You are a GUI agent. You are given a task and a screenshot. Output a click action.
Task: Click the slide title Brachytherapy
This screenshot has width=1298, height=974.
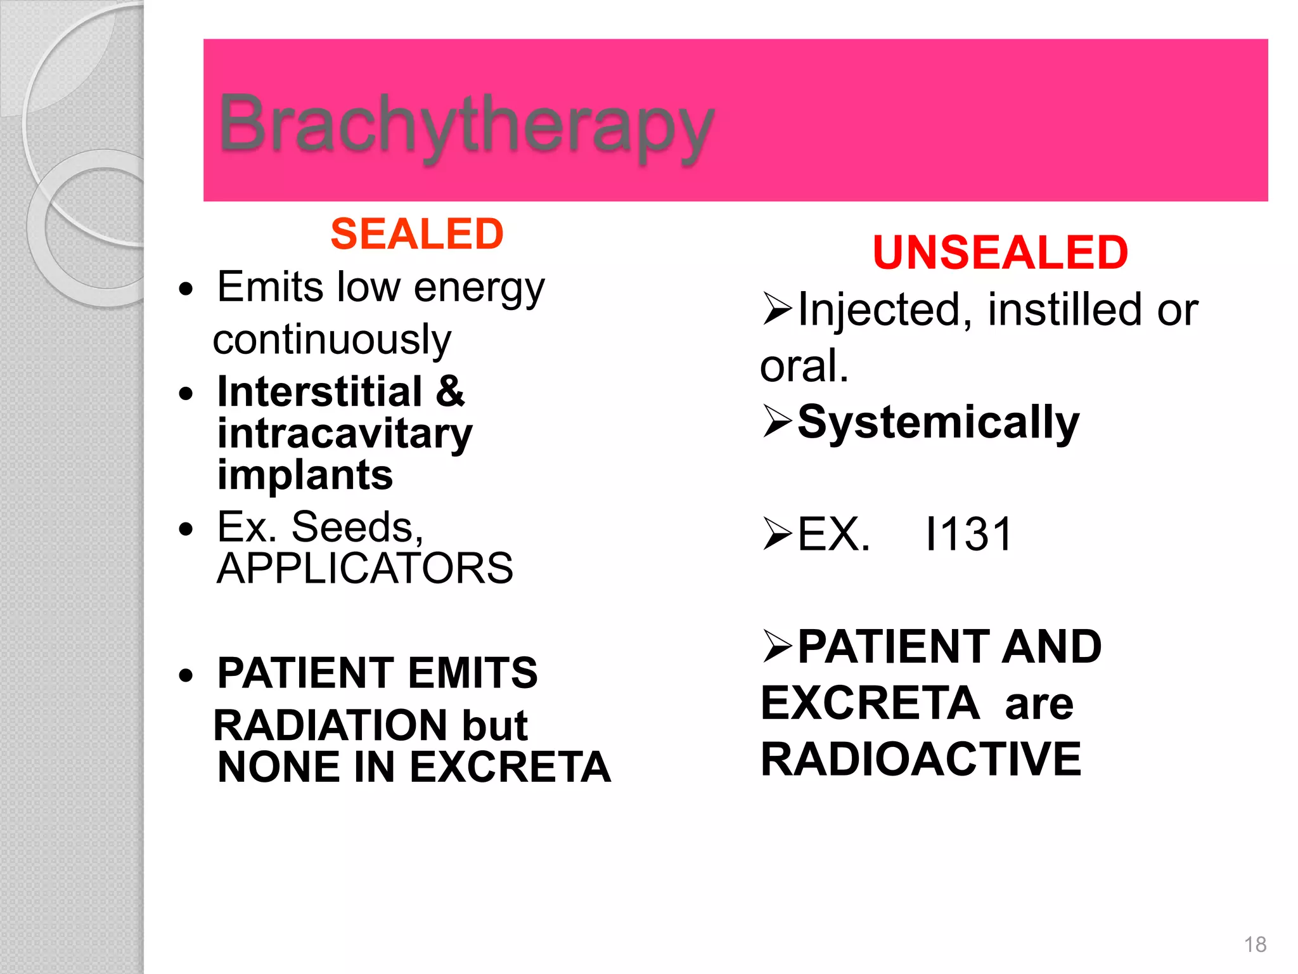tap(466, 125)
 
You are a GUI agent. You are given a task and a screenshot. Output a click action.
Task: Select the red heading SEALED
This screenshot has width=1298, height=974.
tap(416, 233)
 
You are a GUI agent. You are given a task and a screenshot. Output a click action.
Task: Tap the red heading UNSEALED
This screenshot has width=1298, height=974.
tap(999, 252)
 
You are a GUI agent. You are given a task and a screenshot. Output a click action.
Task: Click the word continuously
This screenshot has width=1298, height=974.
tap(331, 339)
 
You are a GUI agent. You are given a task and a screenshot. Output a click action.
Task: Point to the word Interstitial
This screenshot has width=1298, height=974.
tap(319, 391)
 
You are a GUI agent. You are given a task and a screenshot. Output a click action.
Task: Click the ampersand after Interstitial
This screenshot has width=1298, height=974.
tap(450, 391)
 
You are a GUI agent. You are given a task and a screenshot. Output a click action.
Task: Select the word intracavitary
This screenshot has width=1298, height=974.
tap(345, 434)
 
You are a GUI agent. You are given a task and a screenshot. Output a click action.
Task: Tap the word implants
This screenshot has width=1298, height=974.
tap(305, 475)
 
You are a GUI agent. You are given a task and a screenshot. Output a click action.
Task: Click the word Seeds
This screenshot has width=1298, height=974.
tap(357, 527)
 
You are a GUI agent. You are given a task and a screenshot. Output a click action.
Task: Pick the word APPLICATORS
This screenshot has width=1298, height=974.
tap(364, 568)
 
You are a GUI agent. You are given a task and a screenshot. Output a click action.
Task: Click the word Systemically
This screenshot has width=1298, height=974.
tap(938, 422)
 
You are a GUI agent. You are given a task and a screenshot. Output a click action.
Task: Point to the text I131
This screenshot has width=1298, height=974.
tap(968, 535)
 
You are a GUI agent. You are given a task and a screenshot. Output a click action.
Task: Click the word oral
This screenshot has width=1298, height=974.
tap(804, 366)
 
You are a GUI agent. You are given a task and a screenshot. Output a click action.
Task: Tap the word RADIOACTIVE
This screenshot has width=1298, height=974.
tap(920, 759)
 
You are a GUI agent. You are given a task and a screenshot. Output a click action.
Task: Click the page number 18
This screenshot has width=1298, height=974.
tap(1255, 944)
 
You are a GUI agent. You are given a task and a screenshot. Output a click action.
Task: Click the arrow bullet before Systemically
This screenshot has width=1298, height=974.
tap(777, 421)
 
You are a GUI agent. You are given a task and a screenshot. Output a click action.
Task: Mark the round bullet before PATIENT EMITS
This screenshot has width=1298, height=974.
tap(185, 675)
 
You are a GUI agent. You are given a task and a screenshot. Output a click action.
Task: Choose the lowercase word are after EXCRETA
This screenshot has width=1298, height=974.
tap(1039, 704)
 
